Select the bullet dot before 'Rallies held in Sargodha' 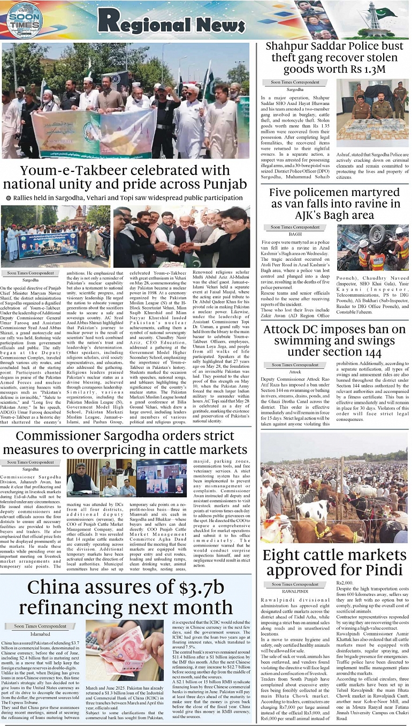click(8, 198)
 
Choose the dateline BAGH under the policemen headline click(295, 235)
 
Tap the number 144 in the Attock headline click(370, 352)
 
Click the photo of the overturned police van click(373, 247)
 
